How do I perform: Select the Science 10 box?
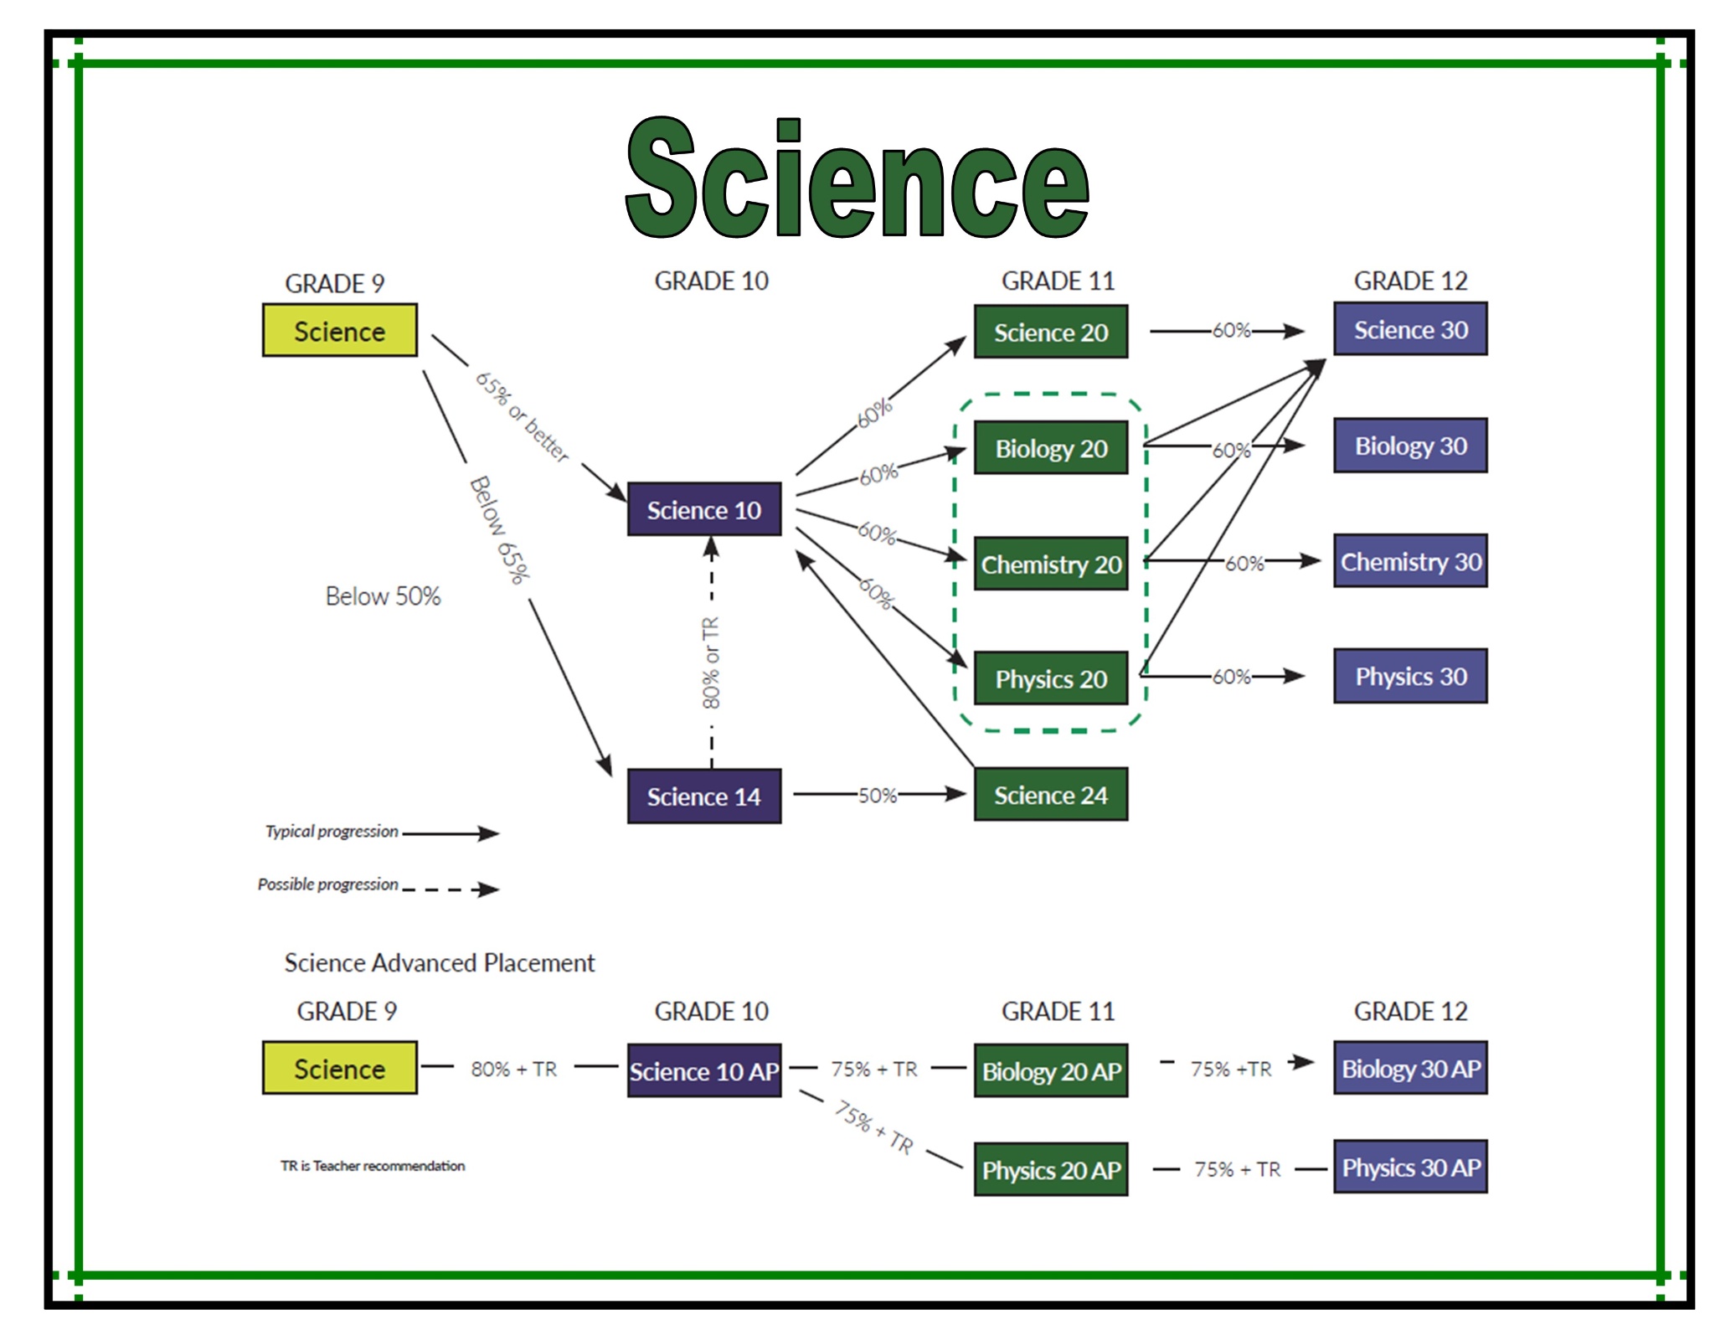(x=704, y=509)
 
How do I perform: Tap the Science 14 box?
(x=704, y=796)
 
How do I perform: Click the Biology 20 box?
(x=1051, y=448)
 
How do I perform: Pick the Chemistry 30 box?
(x=1410, y=561)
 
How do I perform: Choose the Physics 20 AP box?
(x=1051, y=1169)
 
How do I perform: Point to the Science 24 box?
(x=1051, y=795)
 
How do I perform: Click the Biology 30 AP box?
(x=1410, y=1069)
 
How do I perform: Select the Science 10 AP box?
(x=704, y=1071)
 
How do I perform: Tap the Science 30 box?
(x=1410, y=329)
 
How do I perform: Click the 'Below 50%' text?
(x=383, y=596)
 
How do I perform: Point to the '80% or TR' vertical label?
(x=711, y=662)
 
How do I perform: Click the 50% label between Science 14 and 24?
(x=877, y=795)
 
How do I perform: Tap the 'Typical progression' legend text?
(x=332, y=832)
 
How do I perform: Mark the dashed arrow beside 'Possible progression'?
(x=451, y=889)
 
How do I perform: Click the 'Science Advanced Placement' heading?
(x=439, y=963)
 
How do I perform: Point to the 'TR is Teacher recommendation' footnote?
(x=373, y=1166)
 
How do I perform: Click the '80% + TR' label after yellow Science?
(x=513, y=1070)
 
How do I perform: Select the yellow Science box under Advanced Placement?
(x=339, y=1069)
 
